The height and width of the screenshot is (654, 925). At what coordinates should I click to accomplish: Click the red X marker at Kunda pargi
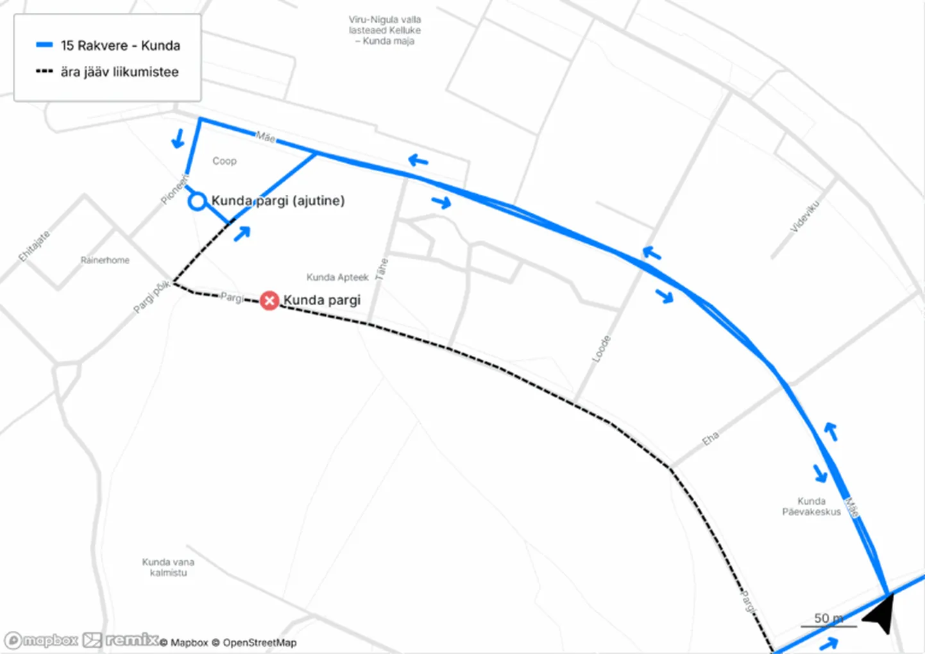[x=269, y=300]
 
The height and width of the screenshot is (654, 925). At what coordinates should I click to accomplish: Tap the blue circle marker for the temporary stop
[x=198, y=201]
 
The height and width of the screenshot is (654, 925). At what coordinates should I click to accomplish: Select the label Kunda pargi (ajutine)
[x=278, y=201]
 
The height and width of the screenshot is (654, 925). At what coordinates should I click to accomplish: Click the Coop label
[x=225, y=161]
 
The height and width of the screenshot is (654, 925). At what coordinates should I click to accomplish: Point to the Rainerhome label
[x=105, y=260]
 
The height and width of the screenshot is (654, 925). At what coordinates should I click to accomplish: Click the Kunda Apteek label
[x=337, y=277]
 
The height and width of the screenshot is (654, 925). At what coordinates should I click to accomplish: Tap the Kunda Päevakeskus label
[x=811, y=507]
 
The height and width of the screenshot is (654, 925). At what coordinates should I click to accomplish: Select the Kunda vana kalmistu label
[x=168, y=567]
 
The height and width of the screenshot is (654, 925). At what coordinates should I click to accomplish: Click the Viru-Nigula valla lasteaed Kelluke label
[x=385, y=30]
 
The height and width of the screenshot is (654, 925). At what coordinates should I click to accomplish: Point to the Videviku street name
[x=804, y=216]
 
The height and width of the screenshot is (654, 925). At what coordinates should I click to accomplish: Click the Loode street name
[x=601, y=349]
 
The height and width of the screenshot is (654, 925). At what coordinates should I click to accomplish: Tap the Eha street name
[x=710, y=439]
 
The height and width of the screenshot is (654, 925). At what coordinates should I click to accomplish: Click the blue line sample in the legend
[x=44, y=45]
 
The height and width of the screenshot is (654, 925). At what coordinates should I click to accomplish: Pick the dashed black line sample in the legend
[x=44, y=71]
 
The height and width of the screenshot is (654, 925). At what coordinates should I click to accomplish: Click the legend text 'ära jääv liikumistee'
[x=120, y=72]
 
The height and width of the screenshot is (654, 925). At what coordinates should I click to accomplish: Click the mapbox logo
[x=42, y=640]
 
